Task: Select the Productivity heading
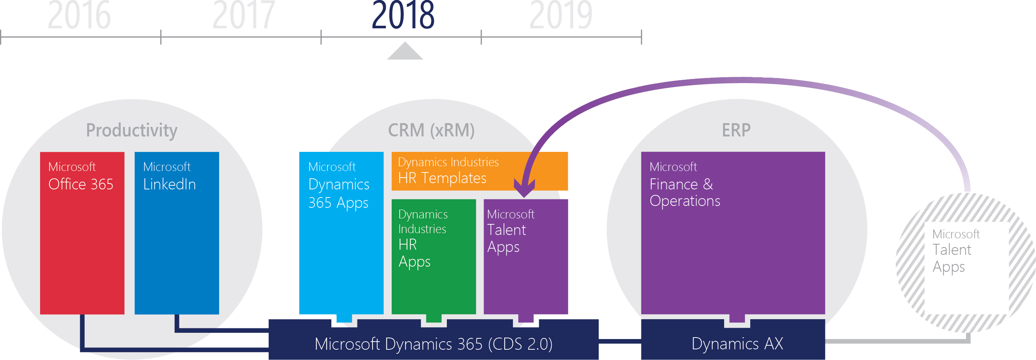(132, 130)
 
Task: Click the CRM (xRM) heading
(431, 130)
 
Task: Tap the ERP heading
(736, 130)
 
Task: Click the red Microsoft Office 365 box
(82, 233)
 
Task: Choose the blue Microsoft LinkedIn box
(177, 233)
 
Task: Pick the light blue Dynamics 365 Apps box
(341, 233)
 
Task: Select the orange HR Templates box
(480, 171)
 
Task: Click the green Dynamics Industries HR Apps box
(434, 257)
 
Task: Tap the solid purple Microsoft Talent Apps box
(526, 257)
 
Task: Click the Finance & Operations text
(684, 192)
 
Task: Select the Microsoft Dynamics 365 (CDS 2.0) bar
(434, 340)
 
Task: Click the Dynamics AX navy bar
(733, 340)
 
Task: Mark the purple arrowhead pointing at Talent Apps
(524, 188)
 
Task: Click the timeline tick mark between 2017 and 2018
(321, 37)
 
